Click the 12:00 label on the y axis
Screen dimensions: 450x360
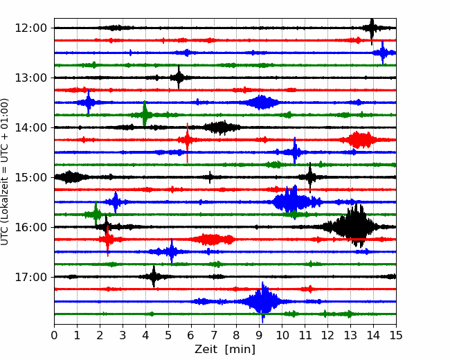pyautogui.click(x=30, y=28)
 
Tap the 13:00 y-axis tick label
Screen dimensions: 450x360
pyautogui.click(x=30, y=78)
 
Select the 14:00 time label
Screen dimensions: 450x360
pyautogui.click(x=30, y=127)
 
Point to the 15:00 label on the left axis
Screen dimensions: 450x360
pyautogui.click(x=30, y=177)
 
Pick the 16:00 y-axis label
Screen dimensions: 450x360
pyautogui.click(x=30, y=227)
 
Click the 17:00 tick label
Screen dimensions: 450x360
pyautogui.click(x=30, y=277)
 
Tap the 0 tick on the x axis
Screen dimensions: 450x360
pyautogui.click(x=54, y=335)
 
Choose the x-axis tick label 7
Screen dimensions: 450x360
pyautogui.click(x=214, y=335)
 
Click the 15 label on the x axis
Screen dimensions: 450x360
pyautogui.click(x=396, y=335)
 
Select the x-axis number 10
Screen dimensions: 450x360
pyautogui.click(x=282, y=335)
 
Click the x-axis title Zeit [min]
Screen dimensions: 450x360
pyautogui.click(x=225, y=350)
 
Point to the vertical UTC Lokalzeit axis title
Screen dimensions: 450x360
pyautogui.click(x=5, y=172)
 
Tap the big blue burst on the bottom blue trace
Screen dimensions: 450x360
pyautogui.click(x=263, y=301)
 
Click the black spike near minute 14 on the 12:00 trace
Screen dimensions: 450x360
pyautogui.click(x=372, y=28)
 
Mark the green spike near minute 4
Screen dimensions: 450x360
pyautogui.click(x=145, y=115)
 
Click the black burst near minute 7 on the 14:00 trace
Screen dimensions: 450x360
pyautogui.click(x=222, y=127)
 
